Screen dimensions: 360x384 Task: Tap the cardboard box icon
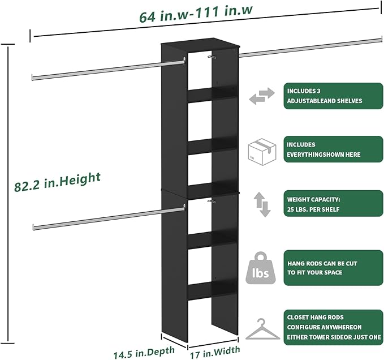262,151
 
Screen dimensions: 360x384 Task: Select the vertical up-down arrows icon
261,205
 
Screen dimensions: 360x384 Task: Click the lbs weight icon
262,268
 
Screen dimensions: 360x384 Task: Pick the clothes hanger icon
262,328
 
